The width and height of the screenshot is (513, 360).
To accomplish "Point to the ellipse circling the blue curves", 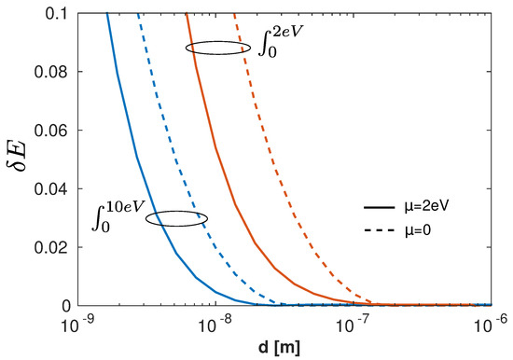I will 177,218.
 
